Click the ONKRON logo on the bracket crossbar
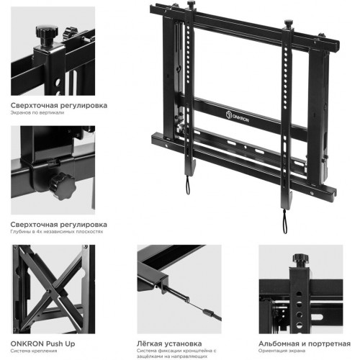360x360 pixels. pyautogui.click(x=238, y=117)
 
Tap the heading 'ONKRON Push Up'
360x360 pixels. pyautogui.click(x=42, y=343)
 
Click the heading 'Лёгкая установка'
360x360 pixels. pyautogui.click(x=169, y=343)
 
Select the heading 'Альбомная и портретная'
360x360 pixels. pyautogui.click(x=305, y=343)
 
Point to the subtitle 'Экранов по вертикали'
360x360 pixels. pyautogui.click(x=37, y=112)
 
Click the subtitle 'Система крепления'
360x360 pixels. pyautogui.click(x=34, y=351)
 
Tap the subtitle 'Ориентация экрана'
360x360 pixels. pyautogui.click(x=282, y=351)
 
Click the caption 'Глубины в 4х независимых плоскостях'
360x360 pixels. pyautogui.click(x=57, y=232)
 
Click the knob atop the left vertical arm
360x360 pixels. pyautogui.click(x=191, y=4)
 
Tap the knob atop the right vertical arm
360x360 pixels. pyautogui.click(x=289, y=24)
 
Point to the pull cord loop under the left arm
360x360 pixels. pyautogui.click(x=188, y=185)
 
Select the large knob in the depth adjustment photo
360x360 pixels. pyautogui.click(x=63, y=186)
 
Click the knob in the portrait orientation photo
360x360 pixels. pyautogui.click(x=300, y=259)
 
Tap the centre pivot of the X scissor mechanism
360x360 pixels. pyautogui.click(x=49, y=291)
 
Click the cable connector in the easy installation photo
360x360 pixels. pyautogui.click(x=208, y=312)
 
